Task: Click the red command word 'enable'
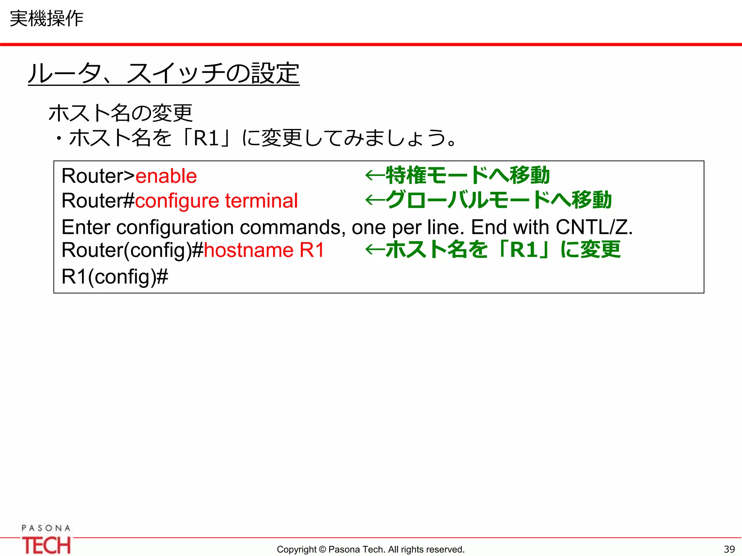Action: pos(166,176)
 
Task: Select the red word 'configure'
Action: pos(177,201)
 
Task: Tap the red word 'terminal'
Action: pos(261,201)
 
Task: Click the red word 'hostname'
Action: pos(249,250)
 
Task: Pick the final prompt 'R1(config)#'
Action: pos(115,277)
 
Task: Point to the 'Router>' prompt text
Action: pos(98,176)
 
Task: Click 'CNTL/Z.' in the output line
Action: pos(594,227)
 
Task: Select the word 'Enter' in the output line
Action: pos(86,227)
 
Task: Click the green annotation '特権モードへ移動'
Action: pos(467,176)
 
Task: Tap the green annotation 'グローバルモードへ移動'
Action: pos(499,200)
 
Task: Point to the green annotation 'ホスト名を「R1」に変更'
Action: pos(503,250)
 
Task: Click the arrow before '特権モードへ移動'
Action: pos(375,176)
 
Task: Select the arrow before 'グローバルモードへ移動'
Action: pos(375,200)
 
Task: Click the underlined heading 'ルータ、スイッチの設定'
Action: pos(164,73)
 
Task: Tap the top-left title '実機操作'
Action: pos(46,18)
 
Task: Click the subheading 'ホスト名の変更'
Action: pos(121,113)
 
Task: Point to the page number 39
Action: pos(729,549)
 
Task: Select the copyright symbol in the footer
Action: pos(322,549)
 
